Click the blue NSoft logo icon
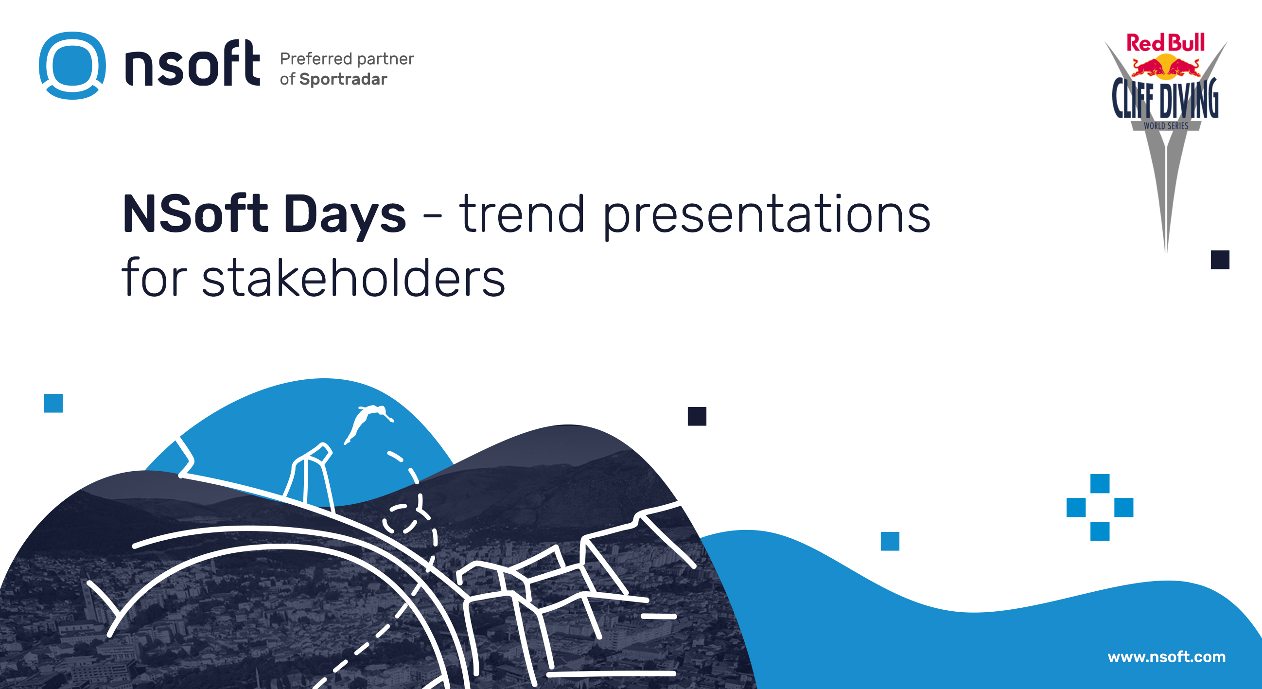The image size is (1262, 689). pyautogui.click(x=72, y=66)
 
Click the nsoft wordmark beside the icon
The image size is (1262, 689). pyautogui.click(x=193, y=63)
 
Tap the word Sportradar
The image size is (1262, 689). pyautogui.click(x=343, y=79)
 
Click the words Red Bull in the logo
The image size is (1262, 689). pyautogui.click(x=1165, y=43)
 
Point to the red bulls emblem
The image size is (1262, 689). pyautogui.click(x=1166, y=68)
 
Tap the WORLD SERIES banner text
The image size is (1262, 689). pyautogui.click(x=1166, y=126)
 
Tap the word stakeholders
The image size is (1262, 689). pyautogui.click(x=353, y=277)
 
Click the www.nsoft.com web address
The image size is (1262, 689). pyautogui.click(x=1166, y=656)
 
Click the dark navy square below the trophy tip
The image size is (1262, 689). pyautogui.click(x=1220, y=260)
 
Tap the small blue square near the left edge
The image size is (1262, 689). pyautogui.click(x=53, y=403)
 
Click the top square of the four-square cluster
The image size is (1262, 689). pyautogui.click(x=1100, y=484)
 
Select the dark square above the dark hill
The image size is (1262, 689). pyautogui.click(x=697, y=417)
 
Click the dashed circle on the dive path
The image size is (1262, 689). pyautogui.click(x=404, y=518)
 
